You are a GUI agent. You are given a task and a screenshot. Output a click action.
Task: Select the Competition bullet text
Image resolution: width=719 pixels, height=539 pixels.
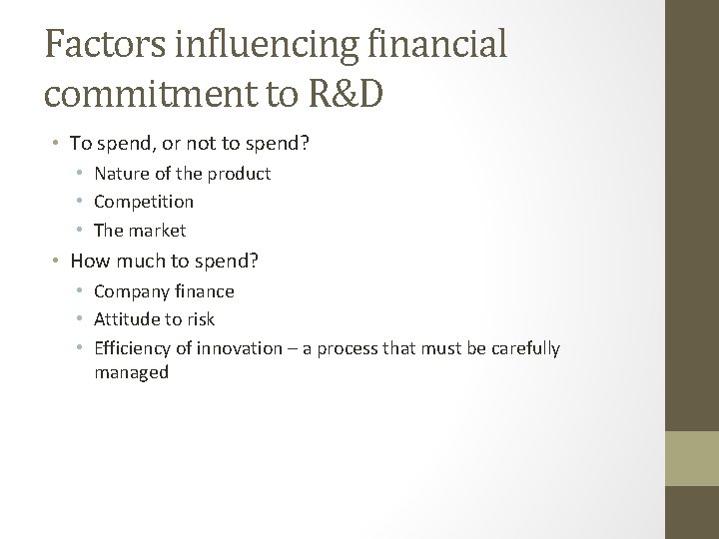pyautogui.click(x=144, y=202)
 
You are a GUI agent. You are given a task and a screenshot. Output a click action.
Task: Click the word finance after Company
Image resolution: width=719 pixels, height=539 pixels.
pyautogui.click(x=204, y=291)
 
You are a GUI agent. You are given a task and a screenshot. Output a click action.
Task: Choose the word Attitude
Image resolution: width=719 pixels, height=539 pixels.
pyautogui.click(x=125, y=320)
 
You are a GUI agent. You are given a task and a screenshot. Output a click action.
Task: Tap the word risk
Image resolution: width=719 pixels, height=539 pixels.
pyautogui.click(x=199, y=320)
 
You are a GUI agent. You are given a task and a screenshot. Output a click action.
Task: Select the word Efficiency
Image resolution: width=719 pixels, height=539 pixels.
pyautogui.click(x=132, y=349)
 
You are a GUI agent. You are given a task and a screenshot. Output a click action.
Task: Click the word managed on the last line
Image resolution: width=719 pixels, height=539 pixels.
pyautogui.click(x=131, y=372)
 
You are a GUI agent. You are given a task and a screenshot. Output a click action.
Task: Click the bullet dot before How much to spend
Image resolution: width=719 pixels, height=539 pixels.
pyautogui.click(x=59, y=262)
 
